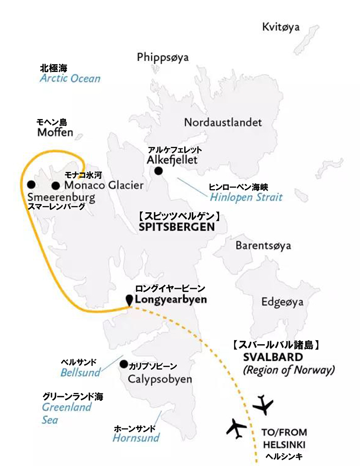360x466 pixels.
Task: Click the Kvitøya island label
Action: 280,27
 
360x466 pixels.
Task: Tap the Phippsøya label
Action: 163,57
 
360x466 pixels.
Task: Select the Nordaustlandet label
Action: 223,123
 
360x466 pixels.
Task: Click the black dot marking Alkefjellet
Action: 158,171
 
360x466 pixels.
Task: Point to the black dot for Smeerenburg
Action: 31,184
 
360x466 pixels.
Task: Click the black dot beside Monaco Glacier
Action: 56,185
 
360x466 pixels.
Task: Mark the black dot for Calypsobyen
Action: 123,364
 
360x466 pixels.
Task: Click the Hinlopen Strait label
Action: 246,197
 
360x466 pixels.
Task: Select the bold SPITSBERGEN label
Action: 175,227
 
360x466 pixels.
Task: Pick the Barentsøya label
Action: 263,246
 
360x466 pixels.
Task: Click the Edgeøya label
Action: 282,302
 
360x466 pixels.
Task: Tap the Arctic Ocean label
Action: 70,79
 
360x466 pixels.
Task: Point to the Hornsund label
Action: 136,438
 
